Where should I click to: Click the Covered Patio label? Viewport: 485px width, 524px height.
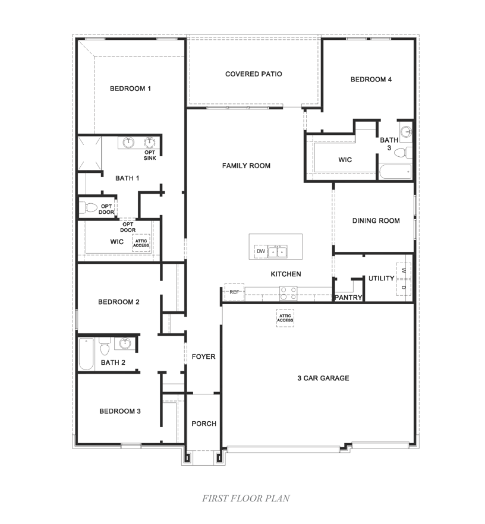pos(253,74)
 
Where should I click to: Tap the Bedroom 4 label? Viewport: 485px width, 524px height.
pos(371,80)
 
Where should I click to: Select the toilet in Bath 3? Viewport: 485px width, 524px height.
pos(402,152)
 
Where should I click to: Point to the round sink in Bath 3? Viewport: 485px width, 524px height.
pos(406,131)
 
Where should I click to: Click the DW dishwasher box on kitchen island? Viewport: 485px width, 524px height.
pos(260,251)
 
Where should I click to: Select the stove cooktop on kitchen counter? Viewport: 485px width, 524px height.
pos(288,292)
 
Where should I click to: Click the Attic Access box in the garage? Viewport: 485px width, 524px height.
pos(285,318)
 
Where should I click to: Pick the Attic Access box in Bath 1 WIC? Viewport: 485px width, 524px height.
pos(141,243)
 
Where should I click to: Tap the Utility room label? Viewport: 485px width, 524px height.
pos(381,279)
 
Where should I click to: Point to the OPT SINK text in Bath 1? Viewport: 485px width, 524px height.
pos(150,155)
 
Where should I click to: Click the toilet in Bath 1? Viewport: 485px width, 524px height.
pos(89,208)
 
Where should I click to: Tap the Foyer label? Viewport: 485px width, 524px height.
pos(203,357)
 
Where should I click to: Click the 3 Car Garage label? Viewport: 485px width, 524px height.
pos(323,378)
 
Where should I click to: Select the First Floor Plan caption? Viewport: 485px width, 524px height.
pos(245,498)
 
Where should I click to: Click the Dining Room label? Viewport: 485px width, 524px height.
pos(376,221)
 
